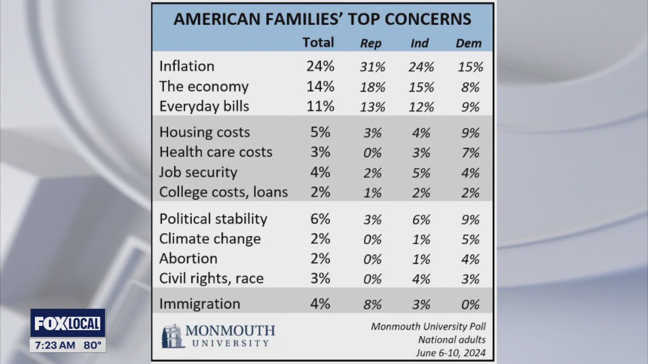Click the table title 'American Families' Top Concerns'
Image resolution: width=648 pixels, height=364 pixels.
[322, 19]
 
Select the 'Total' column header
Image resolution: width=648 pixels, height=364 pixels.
[318, 42]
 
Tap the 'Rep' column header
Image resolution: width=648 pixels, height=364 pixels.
[371, 43]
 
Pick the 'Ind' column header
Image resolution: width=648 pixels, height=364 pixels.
[420, 43]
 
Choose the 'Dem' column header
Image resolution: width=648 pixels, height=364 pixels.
[468, 43]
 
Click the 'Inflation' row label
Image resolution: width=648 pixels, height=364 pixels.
[187, 66]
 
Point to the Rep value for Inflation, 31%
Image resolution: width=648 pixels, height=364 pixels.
[373, 67]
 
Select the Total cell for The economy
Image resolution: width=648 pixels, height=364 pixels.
[320, 86]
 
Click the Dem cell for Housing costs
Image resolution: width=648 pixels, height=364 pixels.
[470, 133]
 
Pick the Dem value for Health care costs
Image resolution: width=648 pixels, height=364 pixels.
[470, 153]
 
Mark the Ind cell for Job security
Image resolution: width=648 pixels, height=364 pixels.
[421, 173]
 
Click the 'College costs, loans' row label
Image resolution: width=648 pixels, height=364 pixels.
[223, 192]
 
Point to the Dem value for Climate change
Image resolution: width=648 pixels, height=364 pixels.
[470, 239]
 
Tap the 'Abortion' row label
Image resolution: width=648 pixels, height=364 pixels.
[188, 258]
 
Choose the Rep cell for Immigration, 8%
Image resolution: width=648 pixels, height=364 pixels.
[373, 304]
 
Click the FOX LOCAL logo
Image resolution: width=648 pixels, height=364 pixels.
[68, 323]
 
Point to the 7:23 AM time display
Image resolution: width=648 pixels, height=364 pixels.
[55, 345]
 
